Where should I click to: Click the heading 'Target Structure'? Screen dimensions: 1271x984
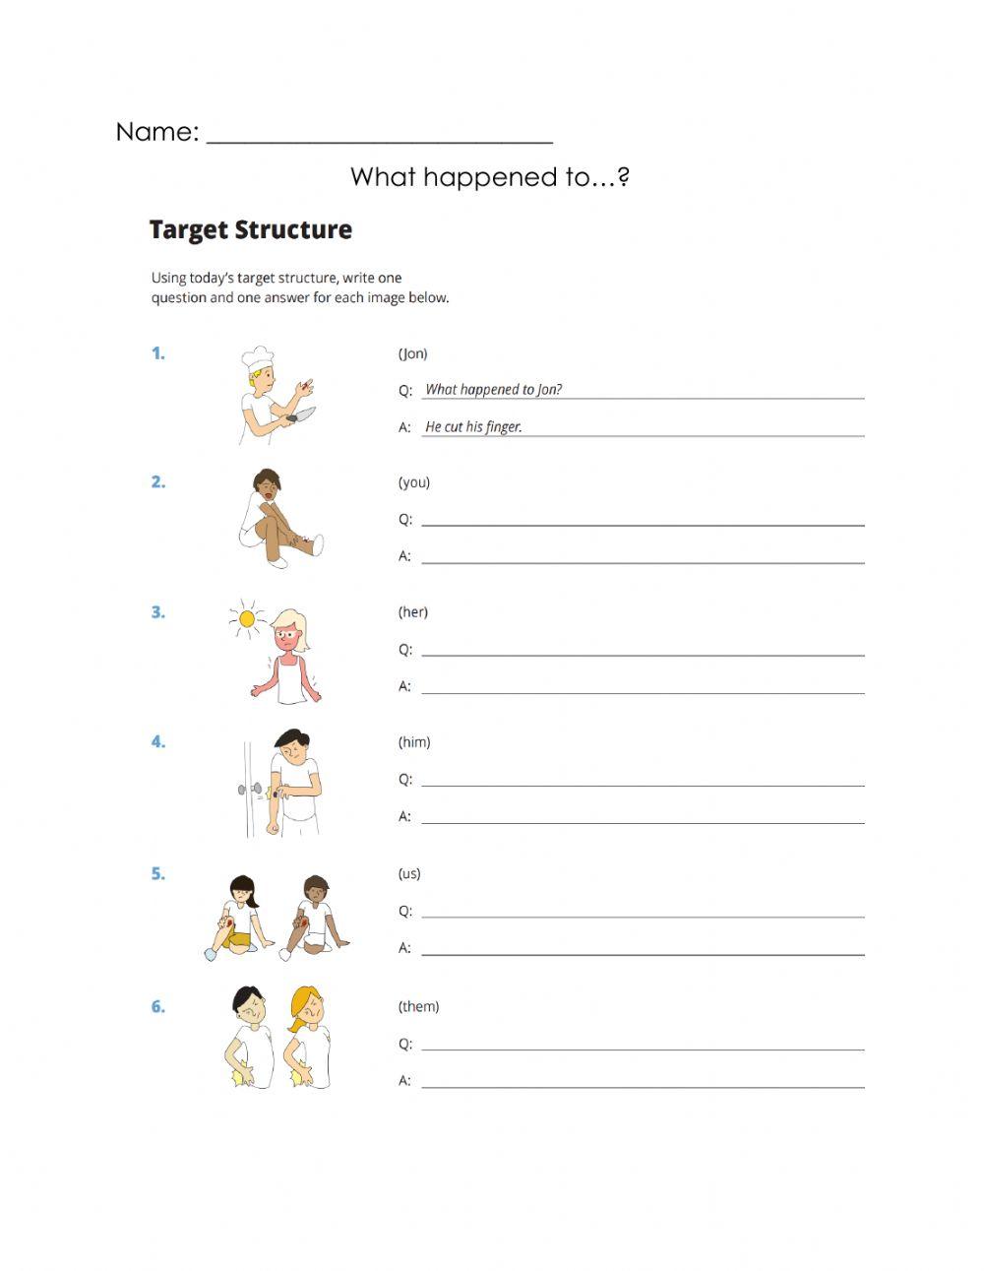pos(250,230)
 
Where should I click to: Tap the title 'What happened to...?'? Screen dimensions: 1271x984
pos(489,177)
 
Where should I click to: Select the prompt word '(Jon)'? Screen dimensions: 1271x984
pos(412,353)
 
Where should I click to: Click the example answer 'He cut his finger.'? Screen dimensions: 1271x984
pos(473,426)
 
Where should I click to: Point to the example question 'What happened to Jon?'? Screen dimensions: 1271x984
pos(493,389)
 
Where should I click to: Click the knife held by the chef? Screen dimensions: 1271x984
pos(303,414)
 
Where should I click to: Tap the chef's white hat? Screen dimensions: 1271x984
pos(258,357)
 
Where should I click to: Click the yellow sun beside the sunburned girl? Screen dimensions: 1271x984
pos(247,618)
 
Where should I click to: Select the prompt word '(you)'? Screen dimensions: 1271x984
pos(413,482)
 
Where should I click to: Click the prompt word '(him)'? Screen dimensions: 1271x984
pos(413,742)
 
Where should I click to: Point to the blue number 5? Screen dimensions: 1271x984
pos(157,873)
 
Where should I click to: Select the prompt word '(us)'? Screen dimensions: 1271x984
pos(409,873)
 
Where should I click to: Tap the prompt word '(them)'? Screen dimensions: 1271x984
pos(418,1006)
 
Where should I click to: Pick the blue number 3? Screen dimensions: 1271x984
pos(157,612)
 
